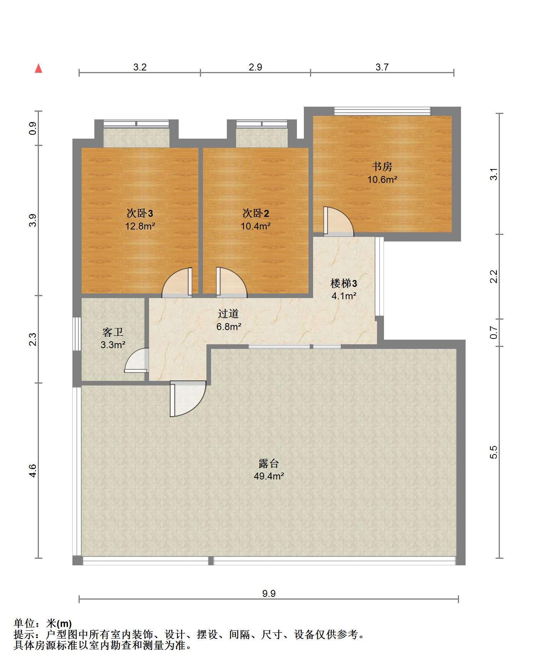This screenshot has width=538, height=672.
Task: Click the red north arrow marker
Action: (x=39, y=68)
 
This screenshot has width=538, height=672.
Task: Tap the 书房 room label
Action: (x=382, y=167)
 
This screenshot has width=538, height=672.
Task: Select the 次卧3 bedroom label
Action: (x=140, y=213)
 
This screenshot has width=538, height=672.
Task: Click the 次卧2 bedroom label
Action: (x=256, y=213)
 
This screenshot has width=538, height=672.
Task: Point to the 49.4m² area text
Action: (x=269, y=476)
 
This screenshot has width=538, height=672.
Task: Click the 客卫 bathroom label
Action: (x=113, y=332)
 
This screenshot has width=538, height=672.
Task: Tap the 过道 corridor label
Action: (x=228, y=314)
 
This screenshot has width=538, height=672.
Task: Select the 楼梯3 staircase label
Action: (x=344, y=284)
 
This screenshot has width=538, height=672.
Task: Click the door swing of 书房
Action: (x=339, y=221)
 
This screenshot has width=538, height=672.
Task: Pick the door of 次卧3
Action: (x=177, y=283)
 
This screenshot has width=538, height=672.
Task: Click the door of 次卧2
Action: (x=231, y=283)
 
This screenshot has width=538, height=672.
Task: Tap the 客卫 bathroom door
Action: (x=137, y=360)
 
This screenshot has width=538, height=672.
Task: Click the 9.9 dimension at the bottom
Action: (x=269, y=593)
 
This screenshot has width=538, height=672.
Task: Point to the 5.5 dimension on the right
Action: (x=494, y=452)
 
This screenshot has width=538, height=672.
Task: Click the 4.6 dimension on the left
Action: (x=33, y=471)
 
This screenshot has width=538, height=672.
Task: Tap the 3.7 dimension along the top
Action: (x=382, y=67)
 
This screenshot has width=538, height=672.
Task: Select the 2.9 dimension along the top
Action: (x=255, y=67)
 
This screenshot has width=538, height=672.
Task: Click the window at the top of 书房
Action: (x=382, y=111)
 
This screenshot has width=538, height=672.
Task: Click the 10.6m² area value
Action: (x=382, y=179)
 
